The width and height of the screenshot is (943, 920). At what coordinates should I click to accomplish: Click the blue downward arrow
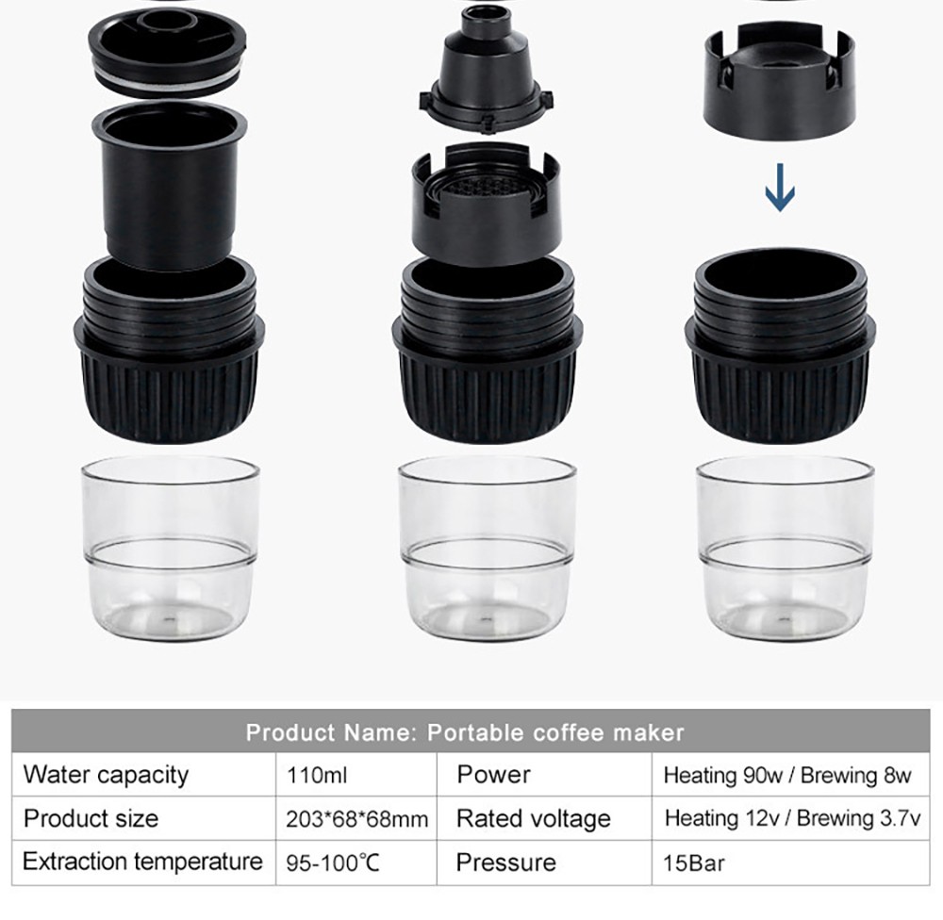780,188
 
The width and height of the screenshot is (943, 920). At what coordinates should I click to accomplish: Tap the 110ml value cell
317,776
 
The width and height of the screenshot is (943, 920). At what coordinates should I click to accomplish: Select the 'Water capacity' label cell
106,775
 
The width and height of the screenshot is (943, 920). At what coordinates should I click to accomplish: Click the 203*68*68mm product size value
356,819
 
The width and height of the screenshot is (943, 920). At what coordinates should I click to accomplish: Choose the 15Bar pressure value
694,862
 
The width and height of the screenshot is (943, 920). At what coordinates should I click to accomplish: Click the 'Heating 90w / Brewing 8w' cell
787,776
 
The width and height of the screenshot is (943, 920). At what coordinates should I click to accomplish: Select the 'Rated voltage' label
533,818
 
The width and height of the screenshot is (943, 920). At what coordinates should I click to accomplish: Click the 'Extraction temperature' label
142,862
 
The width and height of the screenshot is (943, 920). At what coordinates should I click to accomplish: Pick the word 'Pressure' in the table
505,862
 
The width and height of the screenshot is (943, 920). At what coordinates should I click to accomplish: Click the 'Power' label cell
493,775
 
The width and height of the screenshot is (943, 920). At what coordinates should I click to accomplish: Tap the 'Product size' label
91,818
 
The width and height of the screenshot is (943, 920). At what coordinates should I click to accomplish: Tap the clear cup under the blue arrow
781,547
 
